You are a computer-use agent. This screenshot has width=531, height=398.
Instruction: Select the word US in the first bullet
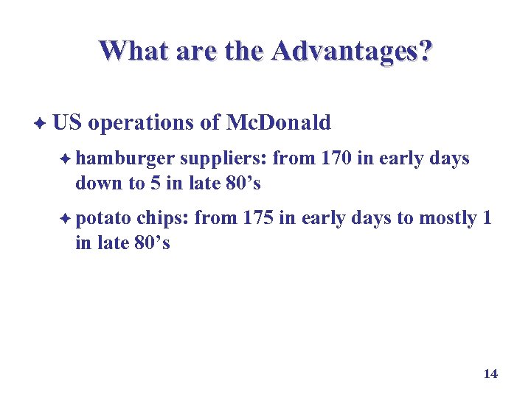pyautogui.click(x=67, y=122)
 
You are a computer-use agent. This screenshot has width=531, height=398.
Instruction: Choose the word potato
pyautogui.click(x=104, y=219)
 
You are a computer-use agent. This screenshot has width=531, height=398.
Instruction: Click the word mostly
pyautogui.click(x=447, y=219)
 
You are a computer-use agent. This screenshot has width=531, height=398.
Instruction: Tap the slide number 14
pyautogui.click(x=490, y=374)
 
